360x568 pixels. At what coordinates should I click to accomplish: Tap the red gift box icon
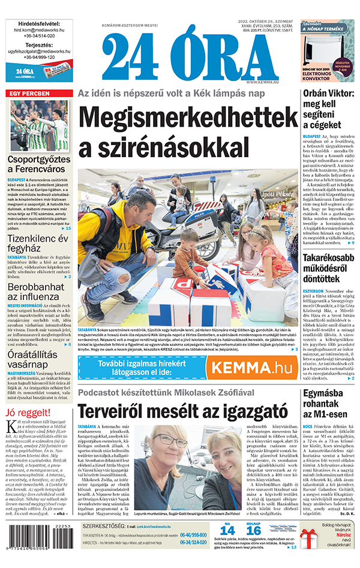[310, 545]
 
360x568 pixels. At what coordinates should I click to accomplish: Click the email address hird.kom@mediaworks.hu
[39, 28]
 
